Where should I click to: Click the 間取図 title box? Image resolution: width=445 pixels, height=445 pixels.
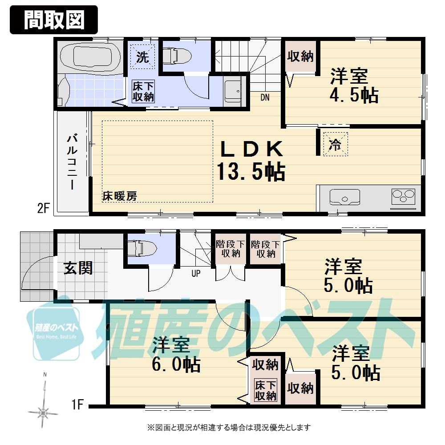pos(53,20)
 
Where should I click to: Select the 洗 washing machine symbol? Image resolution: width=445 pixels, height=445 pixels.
pos(142,57)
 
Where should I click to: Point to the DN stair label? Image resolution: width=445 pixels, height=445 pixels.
pos(264,97)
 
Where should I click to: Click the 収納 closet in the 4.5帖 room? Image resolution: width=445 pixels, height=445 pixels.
pos(300,57)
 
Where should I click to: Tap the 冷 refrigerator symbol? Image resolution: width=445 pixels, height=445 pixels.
pos(334,144)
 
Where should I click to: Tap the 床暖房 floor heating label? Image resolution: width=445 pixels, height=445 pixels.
pos(120,195)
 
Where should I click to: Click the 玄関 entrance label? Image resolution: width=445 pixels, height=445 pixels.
pos(78,268)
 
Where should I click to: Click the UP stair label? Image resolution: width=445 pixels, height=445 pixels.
pos(196,274)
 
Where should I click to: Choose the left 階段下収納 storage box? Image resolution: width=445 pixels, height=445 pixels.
pos(231,249)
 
